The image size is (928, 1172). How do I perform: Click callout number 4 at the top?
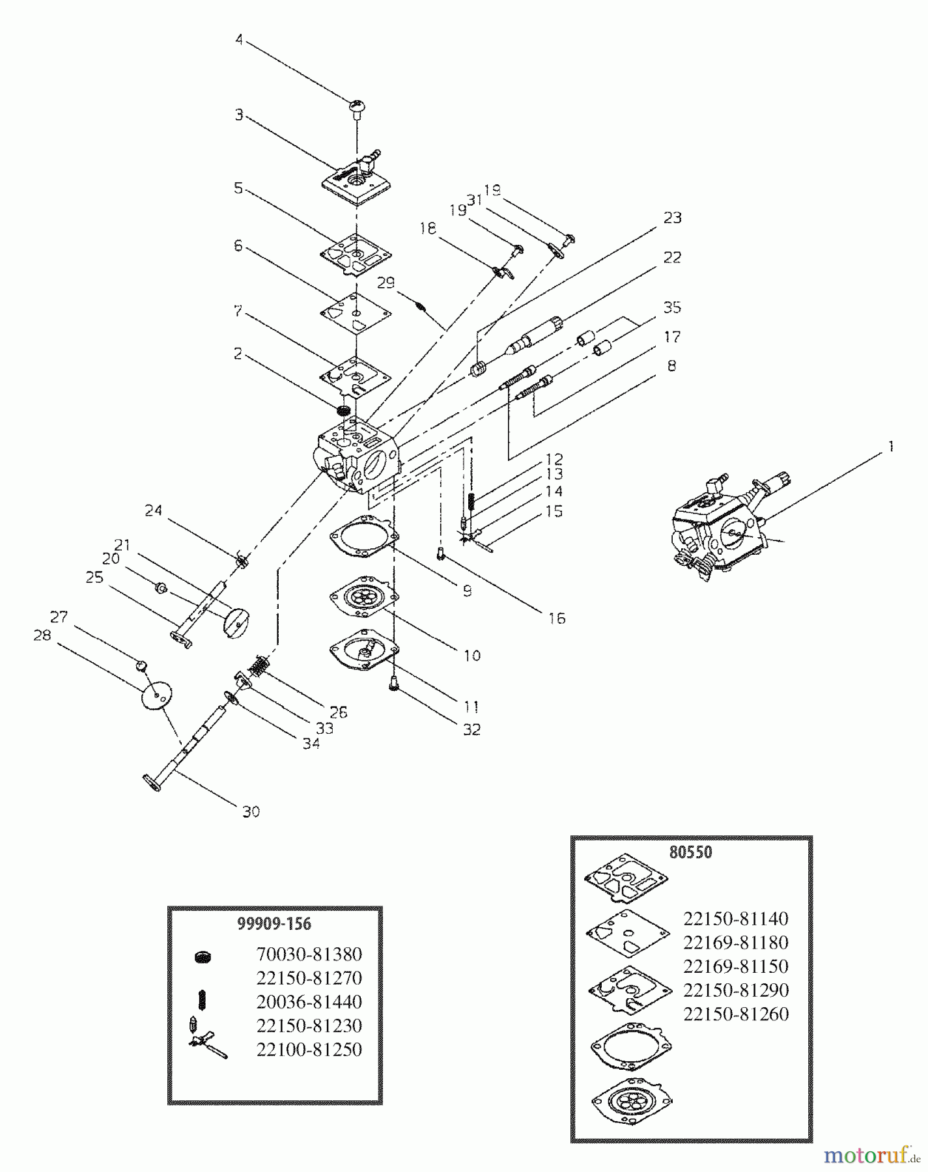[x=239, y=40]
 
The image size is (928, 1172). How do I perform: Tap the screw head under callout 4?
[x=357, y=105]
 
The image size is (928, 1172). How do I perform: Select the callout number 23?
[x=672, y=217]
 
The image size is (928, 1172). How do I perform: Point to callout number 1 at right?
[x=890, y=446]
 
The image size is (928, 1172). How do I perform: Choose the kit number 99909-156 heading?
[x=274, y=923]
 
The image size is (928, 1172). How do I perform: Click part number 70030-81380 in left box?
[x=309, y=954]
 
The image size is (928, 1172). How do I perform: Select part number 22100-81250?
[x=309, y=1049]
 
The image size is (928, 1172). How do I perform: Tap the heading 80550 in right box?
[x=691, y=852]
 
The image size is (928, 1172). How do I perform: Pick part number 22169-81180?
[x=735, y=942]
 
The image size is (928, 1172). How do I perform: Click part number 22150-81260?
[x=735, y=1014]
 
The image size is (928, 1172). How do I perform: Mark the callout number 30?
[x=251, y=811]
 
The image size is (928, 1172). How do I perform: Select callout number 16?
[x=556, y=618]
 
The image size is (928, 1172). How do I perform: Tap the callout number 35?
[x=672, y=307]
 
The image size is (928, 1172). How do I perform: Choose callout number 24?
[x=153, y=510]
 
